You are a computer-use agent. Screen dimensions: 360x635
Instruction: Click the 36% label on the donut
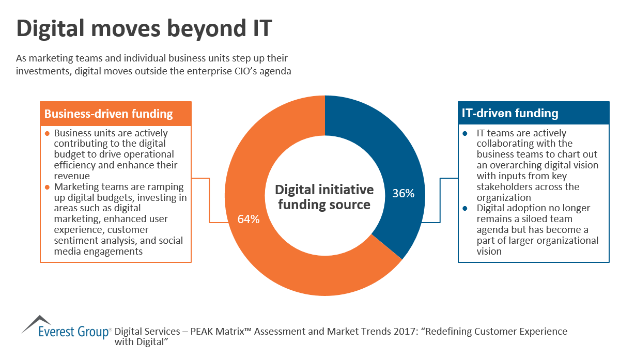coord(404,194)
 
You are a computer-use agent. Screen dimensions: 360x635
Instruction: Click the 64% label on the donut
coord(249,219)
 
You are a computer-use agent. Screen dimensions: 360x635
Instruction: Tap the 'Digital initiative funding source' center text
coord(324,197)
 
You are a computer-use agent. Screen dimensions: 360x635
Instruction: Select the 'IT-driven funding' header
coord(509,113)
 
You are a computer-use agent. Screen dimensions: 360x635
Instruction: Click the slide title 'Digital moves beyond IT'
coord(144,29)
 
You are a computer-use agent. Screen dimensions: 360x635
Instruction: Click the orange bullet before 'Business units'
coord(47,133)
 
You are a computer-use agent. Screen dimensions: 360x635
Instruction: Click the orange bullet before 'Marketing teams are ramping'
coord(47,187)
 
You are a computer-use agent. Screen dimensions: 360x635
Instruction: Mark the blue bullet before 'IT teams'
coord(465,133)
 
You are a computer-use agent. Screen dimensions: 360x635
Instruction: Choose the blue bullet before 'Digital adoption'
coord(465,208)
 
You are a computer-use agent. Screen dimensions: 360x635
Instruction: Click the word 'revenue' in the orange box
coord(70,176)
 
